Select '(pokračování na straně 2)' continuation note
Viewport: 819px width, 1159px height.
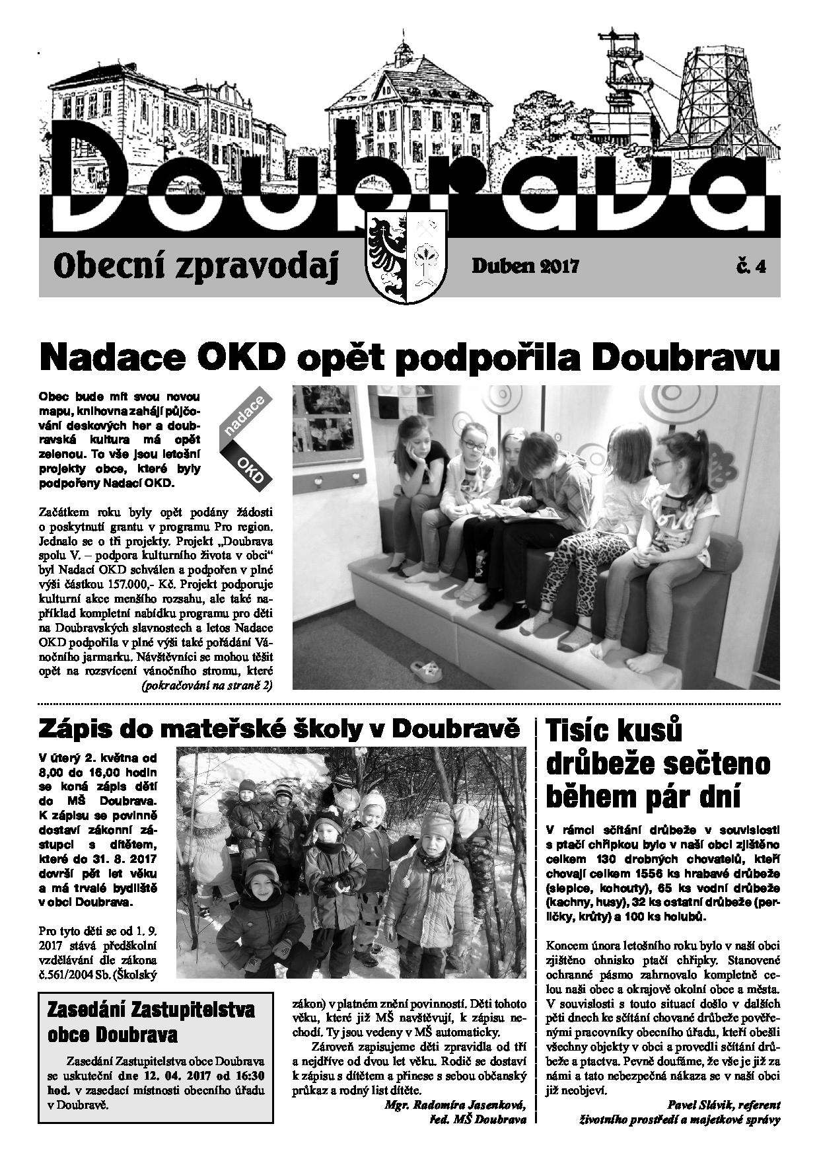(207, 685)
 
